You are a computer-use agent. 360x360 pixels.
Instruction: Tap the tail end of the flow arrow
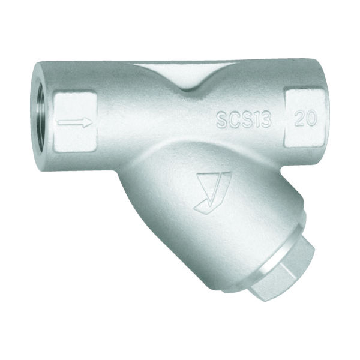58,122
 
